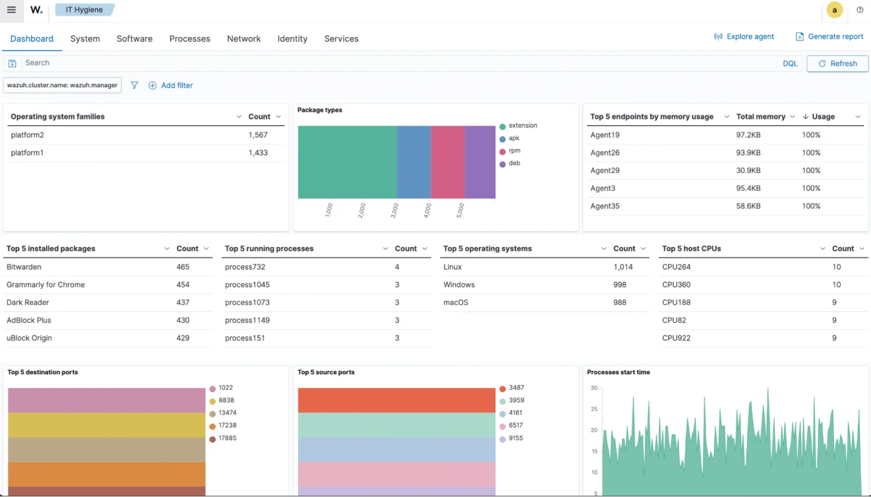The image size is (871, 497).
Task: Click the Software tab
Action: (x=134, y=39)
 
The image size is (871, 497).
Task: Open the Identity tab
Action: (x=292, y=39)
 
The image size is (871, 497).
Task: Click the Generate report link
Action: (x=830, y=37)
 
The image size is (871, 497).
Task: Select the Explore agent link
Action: (x=744, y=37)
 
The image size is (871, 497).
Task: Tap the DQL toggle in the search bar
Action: (x=790, y=63)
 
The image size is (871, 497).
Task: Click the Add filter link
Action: (x=171, y=86)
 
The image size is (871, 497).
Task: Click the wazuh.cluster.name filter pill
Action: (x=62, y=85)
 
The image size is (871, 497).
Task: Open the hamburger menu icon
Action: (x=11, y=10)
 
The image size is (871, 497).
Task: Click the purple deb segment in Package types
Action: (x=480, y=162)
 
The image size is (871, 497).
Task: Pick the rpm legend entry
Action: (x=514, y=151)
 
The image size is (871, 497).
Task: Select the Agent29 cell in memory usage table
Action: (x=605, y=171)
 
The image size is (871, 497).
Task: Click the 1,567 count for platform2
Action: (x=258, y=135)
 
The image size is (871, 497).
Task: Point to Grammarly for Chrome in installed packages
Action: (x=46, y=284)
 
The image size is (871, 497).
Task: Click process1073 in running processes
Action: (x=247, y=302)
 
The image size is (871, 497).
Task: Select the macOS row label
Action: (x=456, y=302)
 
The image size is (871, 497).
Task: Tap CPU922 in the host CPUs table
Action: (x=676, y=338)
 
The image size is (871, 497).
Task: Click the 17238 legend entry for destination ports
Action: (x=227, y=426)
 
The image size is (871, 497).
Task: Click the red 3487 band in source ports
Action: (x=396, y=400)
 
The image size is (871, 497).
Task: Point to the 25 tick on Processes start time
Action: (x=594, y=409)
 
